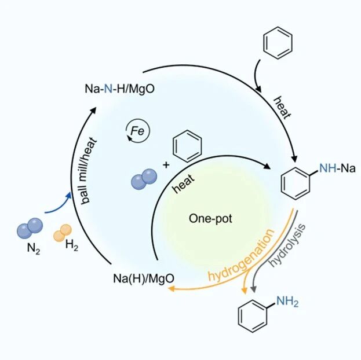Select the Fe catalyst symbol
tap(138, 131)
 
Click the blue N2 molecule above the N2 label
tap(29, 227)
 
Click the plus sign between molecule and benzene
tap(166, 164)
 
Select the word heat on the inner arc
tap(184, 182)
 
